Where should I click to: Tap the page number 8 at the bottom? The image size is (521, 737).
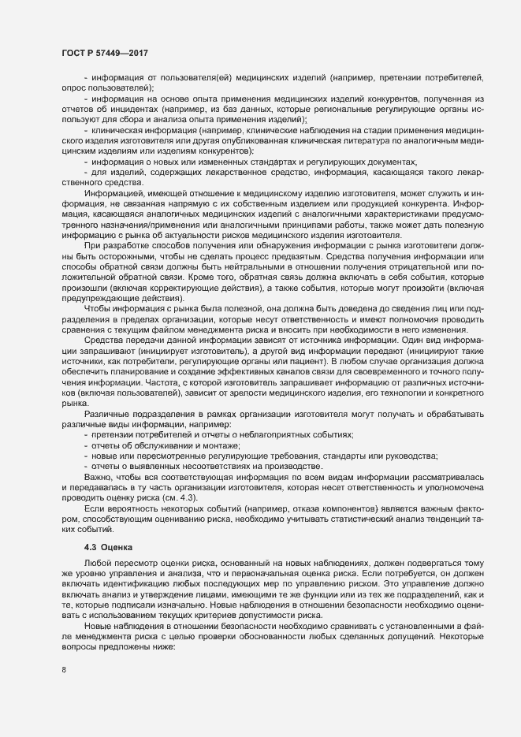click(63, 672)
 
